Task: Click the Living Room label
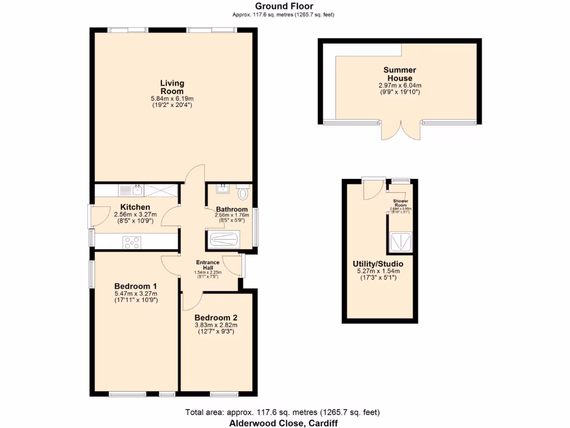click(172, 87)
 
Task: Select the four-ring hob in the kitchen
click(132, 242)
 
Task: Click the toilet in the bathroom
click(243, 193)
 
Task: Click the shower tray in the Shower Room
click(400, 241)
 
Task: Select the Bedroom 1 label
click(136, 286)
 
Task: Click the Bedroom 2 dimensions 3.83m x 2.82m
click(215, 325)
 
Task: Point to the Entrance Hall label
click(208, 265)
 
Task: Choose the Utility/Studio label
click(378, 264)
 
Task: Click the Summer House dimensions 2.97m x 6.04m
click(400, 85)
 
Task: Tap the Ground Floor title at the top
click(284, 6)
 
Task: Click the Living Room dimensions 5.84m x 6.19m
click(172, 99)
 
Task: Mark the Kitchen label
click(132, 207)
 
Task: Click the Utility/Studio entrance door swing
click(370, 190)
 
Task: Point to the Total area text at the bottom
click(282, 413)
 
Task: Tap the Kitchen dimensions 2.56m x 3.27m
click(134, 214)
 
